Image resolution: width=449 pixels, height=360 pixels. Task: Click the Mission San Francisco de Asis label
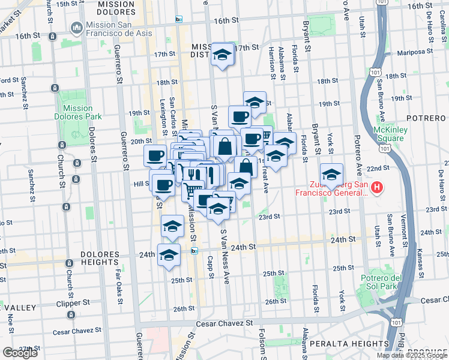112,28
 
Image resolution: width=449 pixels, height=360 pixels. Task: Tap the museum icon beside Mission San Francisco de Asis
76,28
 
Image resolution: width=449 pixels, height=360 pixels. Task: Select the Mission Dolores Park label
77,113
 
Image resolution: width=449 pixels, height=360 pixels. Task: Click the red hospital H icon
376,188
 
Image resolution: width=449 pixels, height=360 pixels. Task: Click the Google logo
20,353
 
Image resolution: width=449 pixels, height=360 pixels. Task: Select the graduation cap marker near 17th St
223,55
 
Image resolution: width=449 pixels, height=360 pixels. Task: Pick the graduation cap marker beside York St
331,175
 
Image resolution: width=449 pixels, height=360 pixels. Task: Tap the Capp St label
211,269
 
